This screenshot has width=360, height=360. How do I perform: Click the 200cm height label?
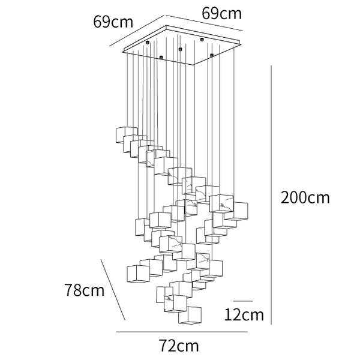(x=305, y=197)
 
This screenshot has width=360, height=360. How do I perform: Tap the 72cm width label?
(x=179, y=346)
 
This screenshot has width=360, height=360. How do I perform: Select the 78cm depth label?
(x=85, y=290)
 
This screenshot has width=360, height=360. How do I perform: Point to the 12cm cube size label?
(x=244, y=315)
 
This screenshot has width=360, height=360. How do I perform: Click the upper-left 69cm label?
(x=113, y=22)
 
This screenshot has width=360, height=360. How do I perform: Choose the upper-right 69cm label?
(x=222, y=14)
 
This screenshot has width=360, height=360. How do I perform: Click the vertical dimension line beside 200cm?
(x=271, y=195)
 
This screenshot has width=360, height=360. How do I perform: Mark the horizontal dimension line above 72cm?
(x=182, y=332)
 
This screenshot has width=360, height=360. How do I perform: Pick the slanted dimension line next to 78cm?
(x=113, y=290)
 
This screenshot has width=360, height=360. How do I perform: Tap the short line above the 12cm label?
(x=243, y=301)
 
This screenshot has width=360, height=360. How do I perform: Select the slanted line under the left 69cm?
(x=137, y=31)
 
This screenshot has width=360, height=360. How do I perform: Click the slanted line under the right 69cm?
(x=205, y=23)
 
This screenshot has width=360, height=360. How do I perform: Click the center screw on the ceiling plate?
(x=180, y=49)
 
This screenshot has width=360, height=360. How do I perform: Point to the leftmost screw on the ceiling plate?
(x=148, y=42)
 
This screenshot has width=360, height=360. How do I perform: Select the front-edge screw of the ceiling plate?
(x=161, y=57)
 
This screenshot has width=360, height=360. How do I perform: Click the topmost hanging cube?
(x=127, y=135)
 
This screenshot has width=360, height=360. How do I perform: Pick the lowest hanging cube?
(x=190, y=315)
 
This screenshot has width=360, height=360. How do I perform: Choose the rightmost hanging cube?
(x=236, y=211)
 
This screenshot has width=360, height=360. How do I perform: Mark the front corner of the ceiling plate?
(x=194, y=65)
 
